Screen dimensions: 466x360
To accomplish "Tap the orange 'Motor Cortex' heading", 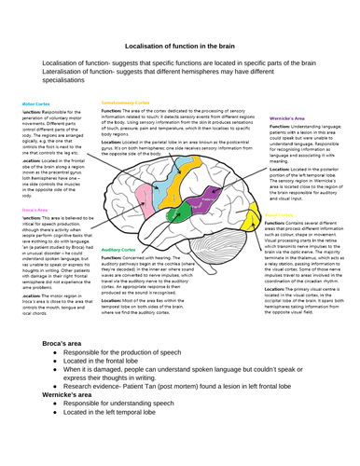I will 35,103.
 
